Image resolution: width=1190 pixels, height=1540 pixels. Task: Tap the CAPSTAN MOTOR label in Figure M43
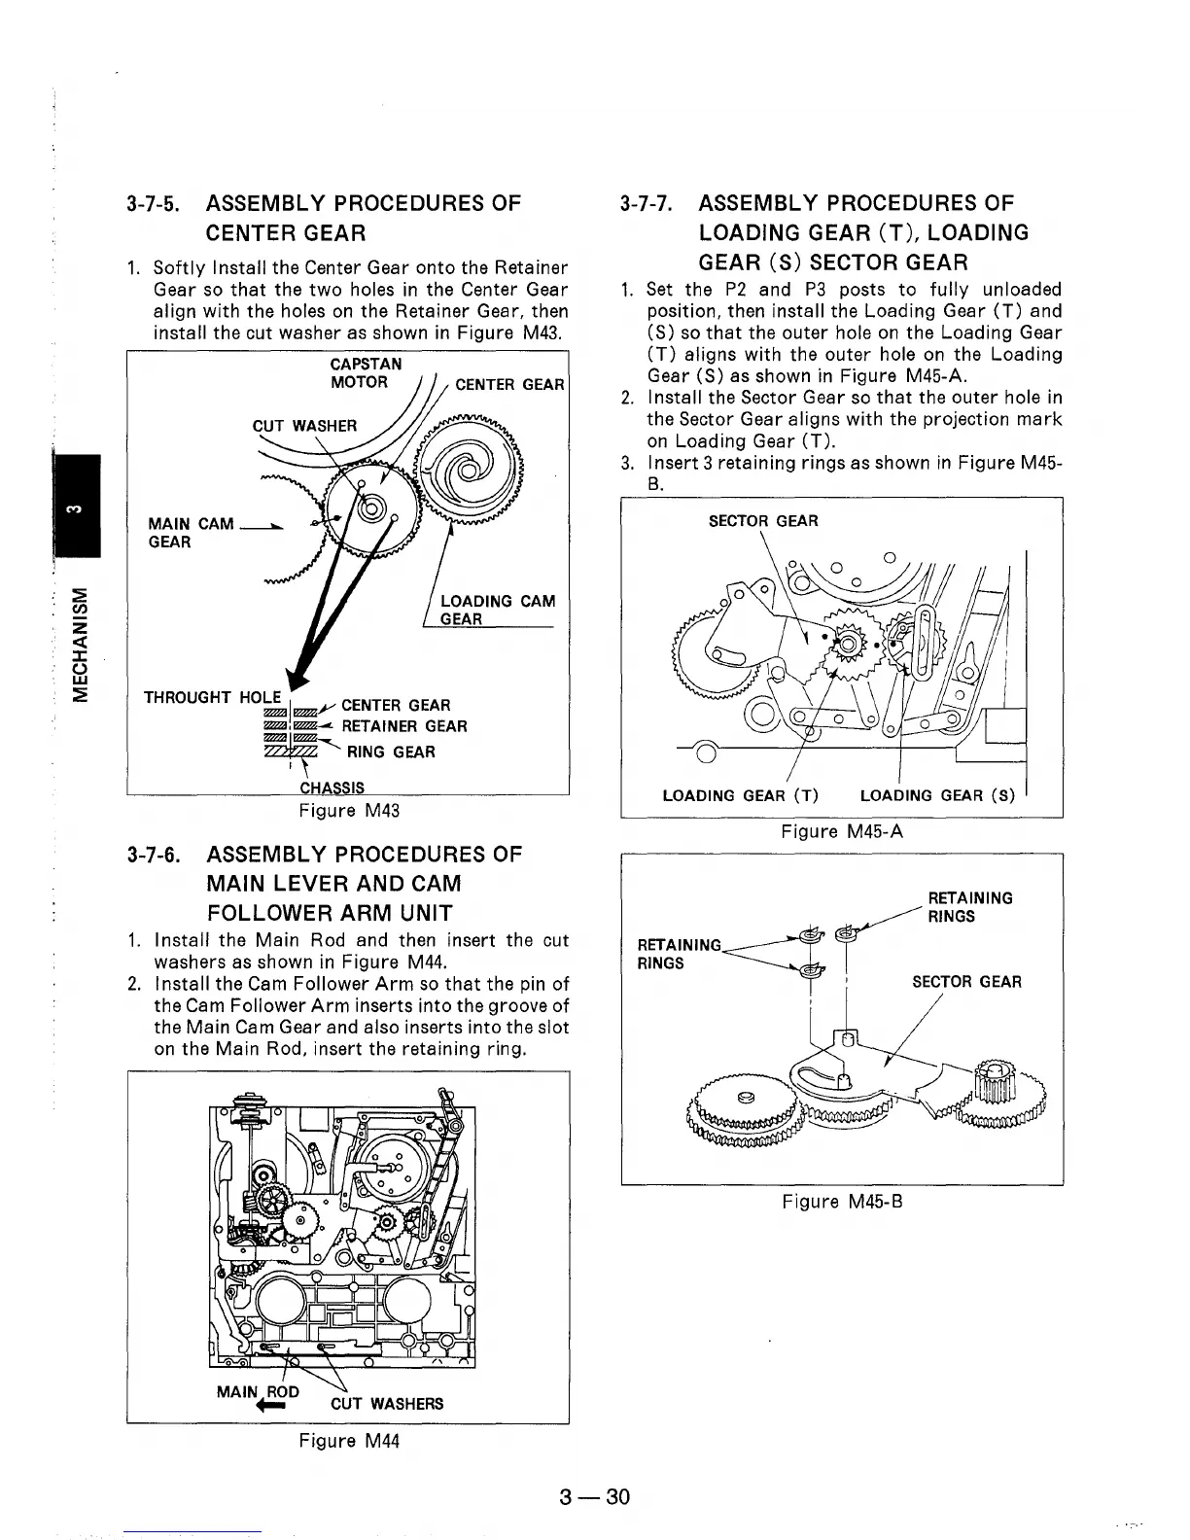(365, 373)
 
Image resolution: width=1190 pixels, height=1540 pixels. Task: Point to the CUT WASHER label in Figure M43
(304, 425)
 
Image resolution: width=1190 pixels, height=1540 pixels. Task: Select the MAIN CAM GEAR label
(191, 533)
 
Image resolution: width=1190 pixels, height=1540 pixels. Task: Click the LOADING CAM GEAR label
(497, 610)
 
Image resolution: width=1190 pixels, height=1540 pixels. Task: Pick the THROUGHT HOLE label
(212, 697)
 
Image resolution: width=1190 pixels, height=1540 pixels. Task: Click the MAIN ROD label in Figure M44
(257, 1391)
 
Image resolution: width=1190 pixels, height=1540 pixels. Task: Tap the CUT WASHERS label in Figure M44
(386, 1403)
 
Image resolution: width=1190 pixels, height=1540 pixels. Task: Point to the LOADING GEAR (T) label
(740, 795)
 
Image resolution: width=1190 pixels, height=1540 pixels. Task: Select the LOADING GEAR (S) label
(937, 795)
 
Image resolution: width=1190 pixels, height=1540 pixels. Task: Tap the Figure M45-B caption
(842, 1201)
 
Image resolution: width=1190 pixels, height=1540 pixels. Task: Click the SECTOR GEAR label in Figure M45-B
(965, 981)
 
